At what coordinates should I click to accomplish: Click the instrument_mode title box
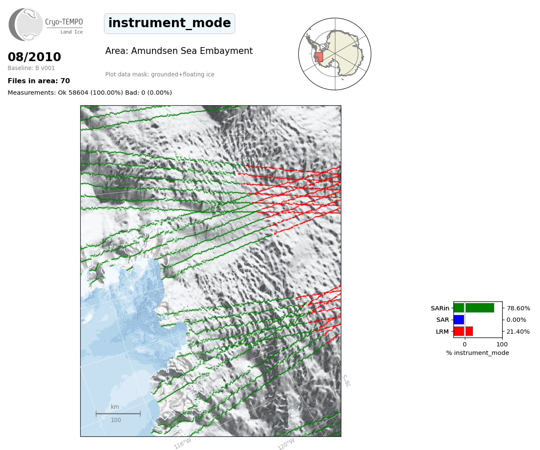[169, 23]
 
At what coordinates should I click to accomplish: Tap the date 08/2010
[34, 57]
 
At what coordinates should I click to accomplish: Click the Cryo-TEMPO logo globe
[26, 24]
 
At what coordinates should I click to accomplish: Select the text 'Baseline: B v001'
[31, 68]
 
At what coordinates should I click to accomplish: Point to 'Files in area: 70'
[39, 81]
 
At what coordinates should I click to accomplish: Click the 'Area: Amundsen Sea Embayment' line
[179, 51]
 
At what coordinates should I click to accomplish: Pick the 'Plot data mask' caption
[160, 74]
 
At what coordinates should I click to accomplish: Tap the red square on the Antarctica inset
[319, 57]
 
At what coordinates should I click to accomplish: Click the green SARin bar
[474, 308]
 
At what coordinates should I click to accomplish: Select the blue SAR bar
[459, 320]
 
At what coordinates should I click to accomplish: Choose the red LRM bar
[463, 331]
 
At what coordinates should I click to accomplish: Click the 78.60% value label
[518, 308]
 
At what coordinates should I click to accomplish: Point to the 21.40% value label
[518, 332]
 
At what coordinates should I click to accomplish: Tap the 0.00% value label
[516, 320]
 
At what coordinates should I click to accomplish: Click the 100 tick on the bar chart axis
[502, 344]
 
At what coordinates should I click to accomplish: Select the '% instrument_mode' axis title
[478, 353]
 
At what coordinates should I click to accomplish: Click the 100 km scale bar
[118, 413]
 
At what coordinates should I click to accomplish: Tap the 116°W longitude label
[183, 444]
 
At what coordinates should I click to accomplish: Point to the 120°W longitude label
[286, 444]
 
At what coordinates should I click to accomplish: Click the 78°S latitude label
[346, 381]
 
